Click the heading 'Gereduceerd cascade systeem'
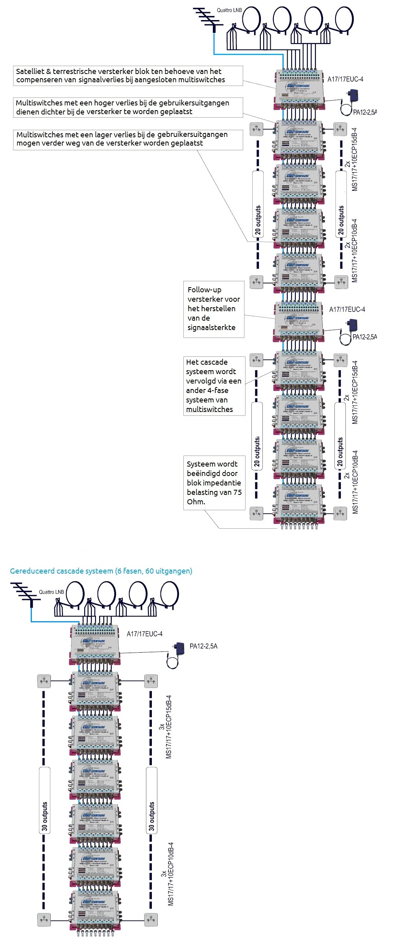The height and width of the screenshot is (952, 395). [x=62, y=571]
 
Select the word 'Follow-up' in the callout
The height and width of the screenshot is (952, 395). [x=204, y=290]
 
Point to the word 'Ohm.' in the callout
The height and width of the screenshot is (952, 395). [x=196, y=502]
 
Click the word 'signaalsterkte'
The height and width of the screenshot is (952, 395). [x=211, y=327]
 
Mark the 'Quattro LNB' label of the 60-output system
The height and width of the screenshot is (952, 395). [x=51, y=592]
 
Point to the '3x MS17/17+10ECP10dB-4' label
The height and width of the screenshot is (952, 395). [x=168, y=874]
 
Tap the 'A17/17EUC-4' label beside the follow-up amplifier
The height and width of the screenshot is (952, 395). [x=347, y=310]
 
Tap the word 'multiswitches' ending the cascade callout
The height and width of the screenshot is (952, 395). [x=209, y=409]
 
